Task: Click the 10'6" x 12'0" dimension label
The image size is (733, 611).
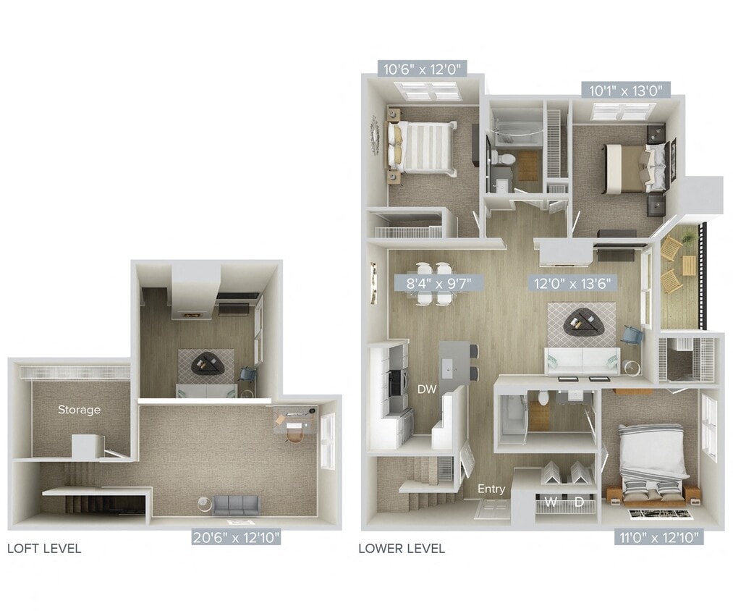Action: (420, 69)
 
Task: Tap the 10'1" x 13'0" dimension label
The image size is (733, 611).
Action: (625, 90)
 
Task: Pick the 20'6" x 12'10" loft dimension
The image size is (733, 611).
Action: (236, 538)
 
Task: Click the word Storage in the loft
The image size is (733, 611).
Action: (79, 410)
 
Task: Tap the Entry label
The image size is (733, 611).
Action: (491, 489)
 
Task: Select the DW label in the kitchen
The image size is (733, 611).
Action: (426, 389)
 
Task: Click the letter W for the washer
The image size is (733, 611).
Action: (551, 501)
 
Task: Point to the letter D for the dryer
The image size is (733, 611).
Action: (580, 501)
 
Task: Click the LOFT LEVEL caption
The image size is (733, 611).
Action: (44, 548)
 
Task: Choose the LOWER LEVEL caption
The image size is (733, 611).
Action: (402, 548)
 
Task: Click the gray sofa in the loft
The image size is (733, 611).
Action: (235, 505)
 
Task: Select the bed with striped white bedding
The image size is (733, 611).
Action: (425, 146)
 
